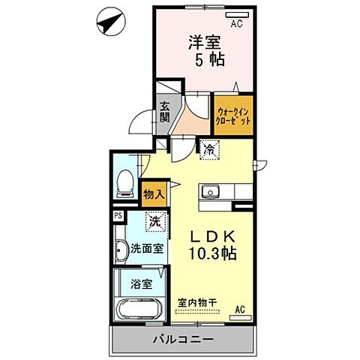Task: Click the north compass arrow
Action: [109, 22]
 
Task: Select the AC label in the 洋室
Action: [236, 24]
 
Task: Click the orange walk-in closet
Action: [232, 115]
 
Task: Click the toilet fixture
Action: [125, 182]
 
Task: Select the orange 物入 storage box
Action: [154, 194]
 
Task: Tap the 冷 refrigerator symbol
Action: [209, 149]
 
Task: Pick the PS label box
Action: [118, 216]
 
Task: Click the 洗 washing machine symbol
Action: [154, 222]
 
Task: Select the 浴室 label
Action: [141, 284]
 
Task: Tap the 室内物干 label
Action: [197, 303]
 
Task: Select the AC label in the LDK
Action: [241, 309]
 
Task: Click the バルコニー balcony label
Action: [183, 339]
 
